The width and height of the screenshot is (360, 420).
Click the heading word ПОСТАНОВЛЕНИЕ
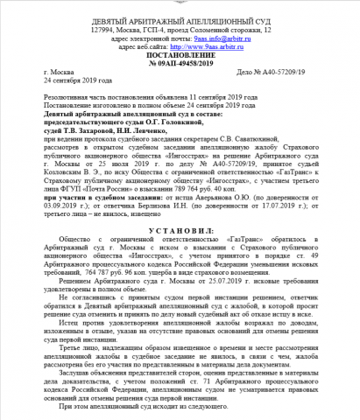point(180,54)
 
